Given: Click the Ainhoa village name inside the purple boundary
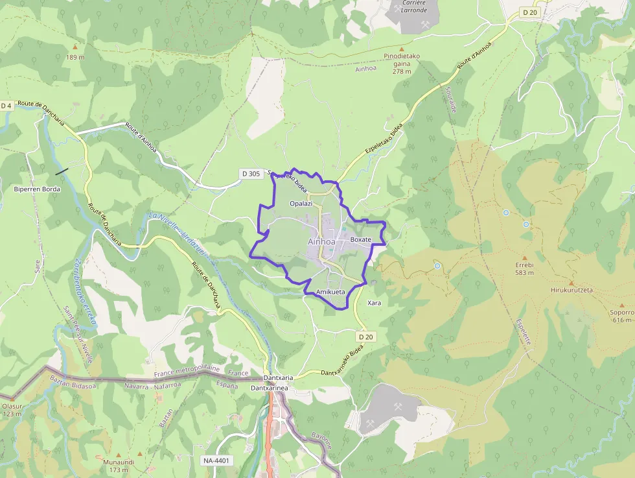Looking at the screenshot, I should pyautogui.click(x=322, y=242).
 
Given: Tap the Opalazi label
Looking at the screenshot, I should pyautogui.click(x=301, y=204).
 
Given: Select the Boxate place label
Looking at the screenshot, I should pyautogui.click(x=360, y=240).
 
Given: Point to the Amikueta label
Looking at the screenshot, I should pyautogui.click(x=330, y=293).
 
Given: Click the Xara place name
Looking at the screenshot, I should pyautogui.click(x=374, y=303).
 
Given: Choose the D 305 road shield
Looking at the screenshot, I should pyautogui.click(x=249, y=173).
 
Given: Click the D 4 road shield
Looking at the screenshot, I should pyautogui.click(x=6, y=106).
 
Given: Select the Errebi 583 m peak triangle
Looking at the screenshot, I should pyautogui.click(x=524, y=257).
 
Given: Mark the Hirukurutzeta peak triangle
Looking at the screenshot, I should pyautogui.click(x=571, y=283).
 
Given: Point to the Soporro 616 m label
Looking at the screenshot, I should pyautogui.click(x=621, y=316).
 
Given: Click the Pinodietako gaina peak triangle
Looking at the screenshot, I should pyautogui.click(x=402, y=49).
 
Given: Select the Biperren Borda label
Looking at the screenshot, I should pyautogui.click(x=37, y=189).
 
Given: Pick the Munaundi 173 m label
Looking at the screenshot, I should pyautogui.click(x=119, y=465).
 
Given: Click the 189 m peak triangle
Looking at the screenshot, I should pyautogui.click(x=75, y=47).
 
